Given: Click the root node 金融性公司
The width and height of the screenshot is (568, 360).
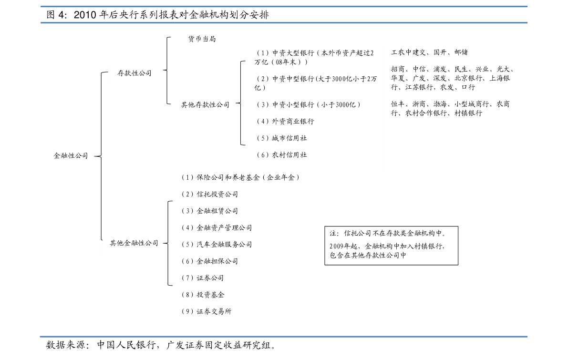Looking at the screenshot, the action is (71, 156).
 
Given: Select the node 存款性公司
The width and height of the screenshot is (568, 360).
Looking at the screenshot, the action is (134, 73).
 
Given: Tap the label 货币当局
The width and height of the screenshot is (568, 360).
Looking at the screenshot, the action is (202, 39).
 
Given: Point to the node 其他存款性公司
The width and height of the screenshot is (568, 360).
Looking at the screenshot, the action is (206, 105).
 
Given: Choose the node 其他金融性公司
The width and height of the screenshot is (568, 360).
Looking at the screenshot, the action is (134, 243).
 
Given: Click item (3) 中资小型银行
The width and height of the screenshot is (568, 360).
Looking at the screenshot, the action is (308, 105).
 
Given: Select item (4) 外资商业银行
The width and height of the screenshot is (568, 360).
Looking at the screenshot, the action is (285, 121).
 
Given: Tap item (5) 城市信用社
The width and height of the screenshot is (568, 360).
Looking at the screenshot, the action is (281, 138).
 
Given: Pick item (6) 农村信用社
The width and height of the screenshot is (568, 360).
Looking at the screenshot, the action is (281, 155).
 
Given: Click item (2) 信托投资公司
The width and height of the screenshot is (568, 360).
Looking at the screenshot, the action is (209, 194).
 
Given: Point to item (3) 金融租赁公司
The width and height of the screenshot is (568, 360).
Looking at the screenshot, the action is (209, 211).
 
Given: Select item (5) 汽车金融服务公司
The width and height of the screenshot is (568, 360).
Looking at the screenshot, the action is (216, 245).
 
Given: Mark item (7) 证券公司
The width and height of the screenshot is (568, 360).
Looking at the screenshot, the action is (202, 278).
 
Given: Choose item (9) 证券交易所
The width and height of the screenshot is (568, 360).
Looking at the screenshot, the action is (206, 311).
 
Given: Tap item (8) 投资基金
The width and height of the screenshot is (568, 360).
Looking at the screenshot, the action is (203, 295).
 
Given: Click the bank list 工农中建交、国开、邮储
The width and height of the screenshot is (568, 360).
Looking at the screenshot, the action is (429, 52).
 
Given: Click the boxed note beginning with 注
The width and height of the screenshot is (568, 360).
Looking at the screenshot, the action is (391, 246).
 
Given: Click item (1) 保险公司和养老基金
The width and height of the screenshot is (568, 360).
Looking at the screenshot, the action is (240, 177).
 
